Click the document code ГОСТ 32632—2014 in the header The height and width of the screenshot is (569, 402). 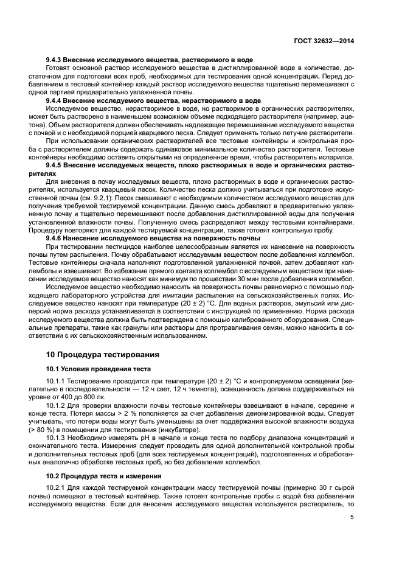click(323, 40)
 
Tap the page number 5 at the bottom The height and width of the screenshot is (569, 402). click(352, 518)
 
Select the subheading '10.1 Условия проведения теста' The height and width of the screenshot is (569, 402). click(98, 369)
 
